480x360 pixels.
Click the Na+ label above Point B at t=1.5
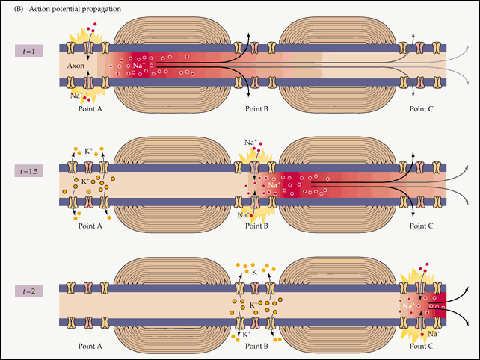pos(251,142)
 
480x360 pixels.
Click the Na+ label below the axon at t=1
pos(76,96)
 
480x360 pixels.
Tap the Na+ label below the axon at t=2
pos(433,334)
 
